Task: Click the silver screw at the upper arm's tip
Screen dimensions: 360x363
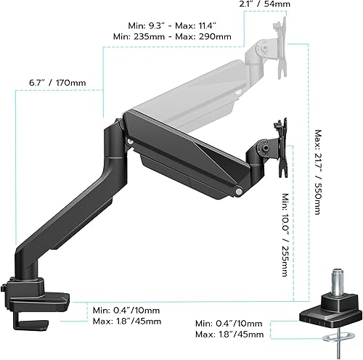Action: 239,191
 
